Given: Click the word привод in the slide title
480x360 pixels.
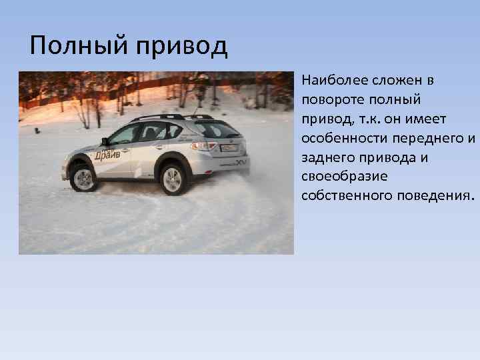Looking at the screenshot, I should point(182,47).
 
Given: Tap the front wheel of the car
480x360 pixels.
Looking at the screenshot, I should point(84,178).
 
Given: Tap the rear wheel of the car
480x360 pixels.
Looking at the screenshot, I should point(173,179).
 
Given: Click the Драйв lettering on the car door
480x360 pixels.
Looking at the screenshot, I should point(108,155).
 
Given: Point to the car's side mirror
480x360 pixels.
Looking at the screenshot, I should point(105,141).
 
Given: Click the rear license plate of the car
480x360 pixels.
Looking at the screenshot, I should point(229,148).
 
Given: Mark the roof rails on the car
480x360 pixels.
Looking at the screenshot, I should point(160,117).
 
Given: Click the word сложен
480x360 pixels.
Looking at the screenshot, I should point(399,81).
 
